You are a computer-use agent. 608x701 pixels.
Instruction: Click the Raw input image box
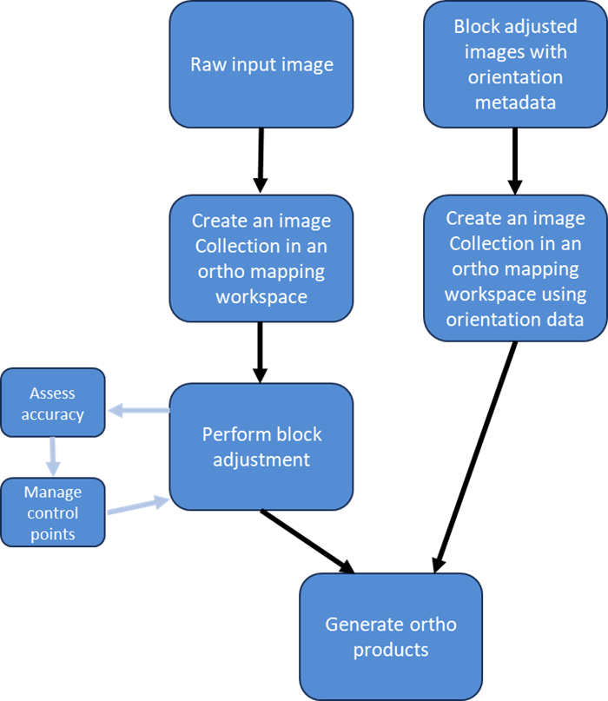pyautogui.click(x=261, y=64)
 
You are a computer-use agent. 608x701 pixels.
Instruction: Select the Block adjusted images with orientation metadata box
pyautogui.click(x=515, y=64)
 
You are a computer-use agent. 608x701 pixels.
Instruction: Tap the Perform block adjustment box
pyautogui.click(x=261, y=446)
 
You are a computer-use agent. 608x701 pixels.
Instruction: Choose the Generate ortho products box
pyautogui.click(x=391, y=637)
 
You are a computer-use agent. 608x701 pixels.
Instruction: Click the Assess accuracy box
pyautogui.click(x=53, y=402)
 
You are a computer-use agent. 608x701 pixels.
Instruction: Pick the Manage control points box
pyautogui.click(x=53, y=513)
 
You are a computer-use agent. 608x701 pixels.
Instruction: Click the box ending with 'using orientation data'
pyautogui.click(x=515, y=268)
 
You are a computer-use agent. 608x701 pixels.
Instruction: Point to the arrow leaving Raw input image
pyautogui.click(x=261, y=161)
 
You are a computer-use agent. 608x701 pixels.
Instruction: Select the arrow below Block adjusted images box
pyautogui.click(x=515, y=162)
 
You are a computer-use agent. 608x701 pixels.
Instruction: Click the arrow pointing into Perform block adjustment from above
pyautogui.click(x=261, y=353)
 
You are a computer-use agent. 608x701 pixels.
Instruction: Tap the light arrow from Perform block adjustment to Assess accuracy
pyautogui.click(x=139, y=410)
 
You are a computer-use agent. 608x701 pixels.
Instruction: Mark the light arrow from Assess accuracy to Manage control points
pyautogui.click(x=53, y=456)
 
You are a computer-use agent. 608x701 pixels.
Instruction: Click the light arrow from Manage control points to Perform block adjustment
pyautogui.click(x=138, y=506)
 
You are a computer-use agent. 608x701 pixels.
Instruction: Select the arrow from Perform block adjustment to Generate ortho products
pyautogui.click(x=307, y=541)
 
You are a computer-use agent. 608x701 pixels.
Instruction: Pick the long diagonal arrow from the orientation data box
pyautogui.click(x=476, y=457)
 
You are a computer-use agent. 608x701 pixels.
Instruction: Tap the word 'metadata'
pyautogui.click(x=515, y=103)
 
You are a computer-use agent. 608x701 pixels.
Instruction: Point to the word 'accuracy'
pyautogui.click(x=53, y=415)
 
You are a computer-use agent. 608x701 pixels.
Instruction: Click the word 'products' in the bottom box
pyautogui.click(x=391, y=650)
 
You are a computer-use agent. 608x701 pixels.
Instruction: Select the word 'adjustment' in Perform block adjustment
pyautogui.click(x=261, y=460)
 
